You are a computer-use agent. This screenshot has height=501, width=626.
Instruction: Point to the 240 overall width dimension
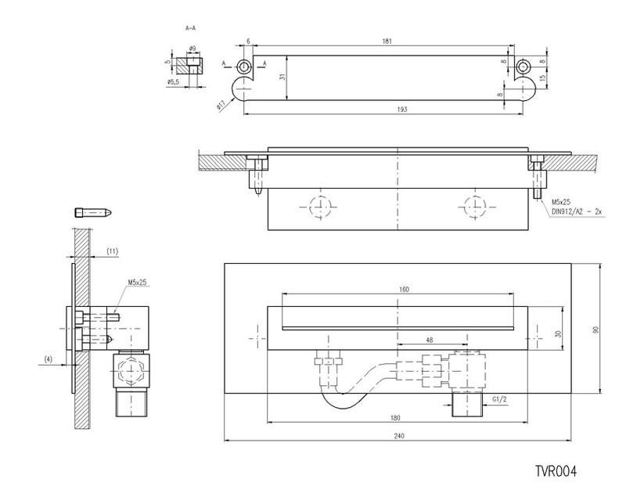tap(400, 434)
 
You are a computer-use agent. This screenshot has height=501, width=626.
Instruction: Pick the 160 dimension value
tap(404, 290)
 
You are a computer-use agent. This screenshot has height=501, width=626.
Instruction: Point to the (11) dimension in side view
tap(112, 251)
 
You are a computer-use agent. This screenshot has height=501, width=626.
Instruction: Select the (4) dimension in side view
tap(49, 360)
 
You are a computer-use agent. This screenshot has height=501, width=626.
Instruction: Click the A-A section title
tap(190, 28)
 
